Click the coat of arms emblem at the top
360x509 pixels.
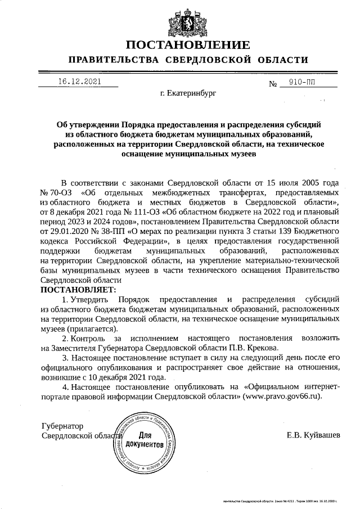coord(188,20)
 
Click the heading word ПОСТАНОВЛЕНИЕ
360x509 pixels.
coord(188,45)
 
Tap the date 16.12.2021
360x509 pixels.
coord(79,81)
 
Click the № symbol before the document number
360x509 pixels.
coord(274,84)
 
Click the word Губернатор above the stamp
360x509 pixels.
coord(62,426)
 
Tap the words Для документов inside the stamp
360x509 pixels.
coord(145,439)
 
